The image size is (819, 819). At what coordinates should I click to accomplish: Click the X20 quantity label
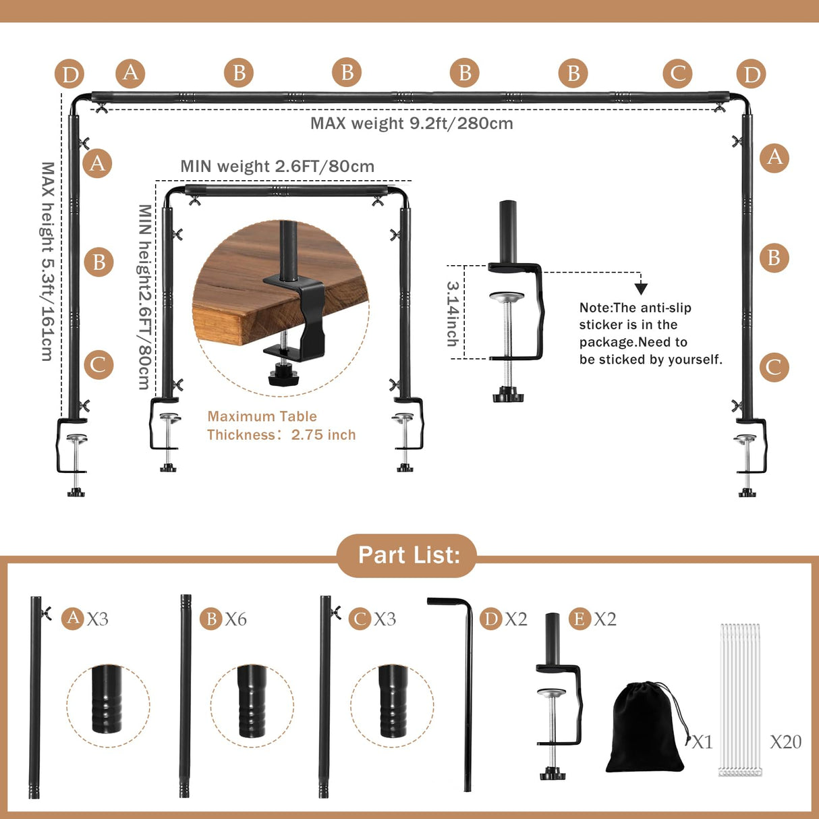(785, 742)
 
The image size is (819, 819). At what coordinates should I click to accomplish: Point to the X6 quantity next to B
(235, 619)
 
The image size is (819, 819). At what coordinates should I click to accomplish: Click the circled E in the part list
(580, 619)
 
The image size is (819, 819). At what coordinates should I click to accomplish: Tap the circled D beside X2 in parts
(490, 619)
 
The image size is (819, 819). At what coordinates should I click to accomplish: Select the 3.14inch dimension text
(453, 314)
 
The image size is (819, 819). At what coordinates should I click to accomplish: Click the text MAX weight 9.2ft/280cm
(412, 123)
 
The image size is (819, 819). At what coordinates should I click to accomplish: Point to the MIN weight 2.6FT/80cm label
(277, 167)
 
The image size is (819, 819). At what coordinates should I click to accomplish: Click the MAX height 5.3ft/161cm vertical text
(47, 261)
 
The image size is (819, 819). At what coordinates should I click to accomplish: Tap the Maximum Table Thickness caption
(281, 426)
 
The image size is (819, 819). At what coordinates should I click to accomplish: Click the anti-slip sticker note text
(650, 333)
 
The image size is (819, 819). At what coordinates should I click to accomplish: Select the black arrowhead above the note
(641, 289)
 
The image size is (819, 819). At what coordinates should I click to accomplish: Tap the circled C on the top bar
(677, 73)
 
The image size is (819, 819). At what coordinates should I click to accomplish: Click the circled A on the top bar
(130, 73)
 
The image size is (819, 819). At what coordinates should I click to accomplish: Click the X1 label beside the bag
(702, 742)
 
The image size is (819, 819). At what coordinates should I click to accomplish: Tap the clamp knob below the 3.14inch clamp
(507, 394)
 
